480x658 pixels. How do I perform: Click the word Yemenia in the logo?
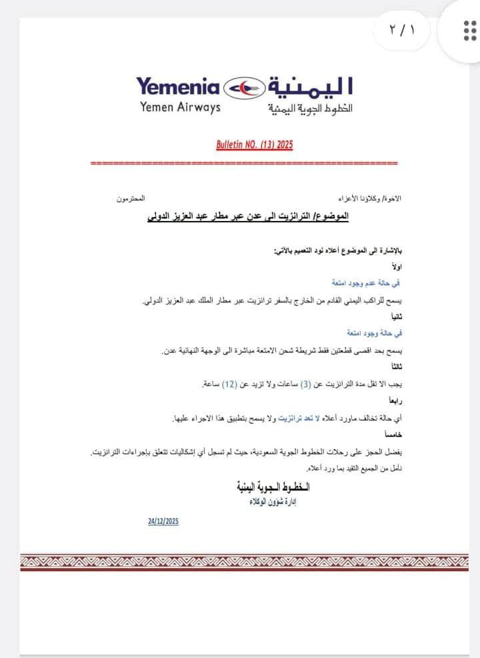tap(178, 87)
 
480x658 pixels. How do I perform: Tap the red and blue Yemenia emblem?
tap(243, 87)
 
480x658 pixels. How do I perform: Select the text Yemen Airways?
tap(180, 107)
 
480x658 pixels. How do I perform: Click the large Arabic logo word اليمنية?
tap(310, 87)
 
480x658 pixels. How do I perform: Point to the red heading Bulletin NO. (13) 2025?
tap(255, 144)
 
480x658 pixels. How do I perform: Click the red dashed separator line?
tap(243, 162)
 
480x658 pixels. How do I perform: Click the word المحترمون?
tap(131, 200)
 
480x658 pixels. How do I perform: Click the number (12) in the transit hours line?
tap(230, 384)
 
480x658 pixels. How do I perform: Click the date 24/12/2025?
tap(163, 521)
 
